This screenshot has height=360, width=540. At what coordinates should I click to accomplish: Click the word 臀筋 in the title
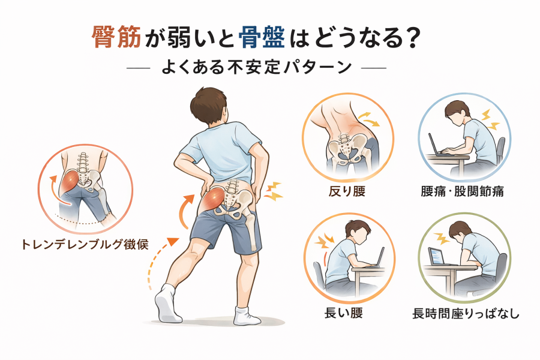(x=116, y=37)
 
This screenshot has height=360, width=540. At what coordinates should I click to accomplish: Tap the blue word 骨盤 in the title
(x=262, y=37)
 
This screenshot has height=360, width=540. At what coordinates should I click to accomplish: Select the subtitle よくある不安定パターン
(x=257, y=67)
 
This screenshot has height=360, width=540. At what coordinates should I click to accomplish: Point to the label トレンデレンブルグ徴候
(x=85, y=244)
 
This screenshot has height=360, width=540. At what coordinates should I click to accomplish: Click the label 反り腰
(x=347, y=191)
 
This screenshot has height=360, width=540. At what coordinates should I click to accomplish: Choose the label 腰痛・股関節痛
(x=462, y=191)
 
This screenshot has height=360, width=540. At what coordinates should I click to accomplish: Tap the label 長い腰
(x=343, y=313)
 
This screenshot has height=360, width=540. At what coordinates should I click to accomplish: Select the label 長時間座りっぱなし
(x=466, y=313)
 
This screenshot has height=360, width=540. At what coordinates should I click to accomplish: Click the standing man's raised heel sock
(x=166, y=303)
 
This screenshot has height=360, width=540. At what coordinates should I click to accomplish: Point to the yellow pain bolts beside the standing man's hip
(x=273, y=191)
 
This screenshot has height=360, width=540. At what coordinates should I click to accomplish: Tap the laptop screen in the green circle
(x=435, y=256)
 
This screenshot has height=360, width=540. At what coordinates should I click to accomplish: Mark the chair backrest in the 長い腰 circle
(x=319, y=272)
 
